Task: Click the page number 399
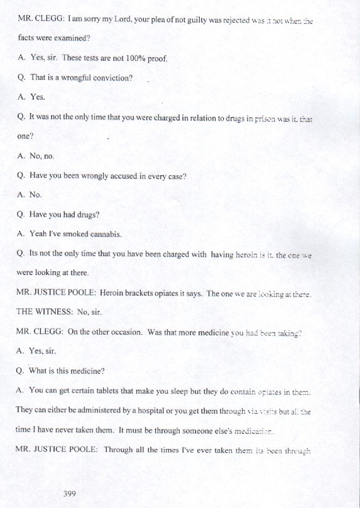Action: coord(69,494)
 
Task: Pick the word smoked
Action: coord(72,234)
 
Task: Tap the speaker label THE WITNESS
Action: coord(46,312)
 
